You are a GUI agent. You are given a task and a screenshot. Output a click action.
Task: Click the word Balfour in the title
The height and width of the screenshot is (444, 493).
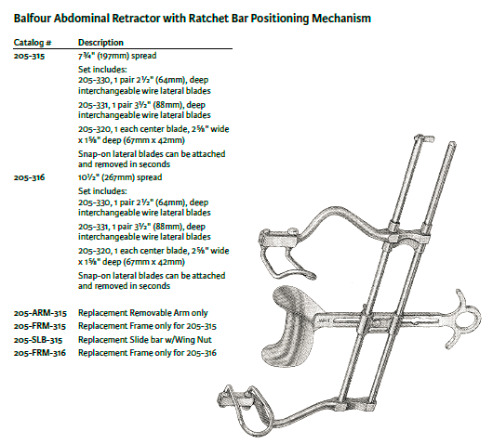pyautogui.click(x=32, y=19)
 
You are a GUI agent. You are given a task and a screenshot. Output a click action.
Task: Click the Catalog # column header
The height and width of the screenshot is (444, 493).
pyautogui.click(x=33, y=43)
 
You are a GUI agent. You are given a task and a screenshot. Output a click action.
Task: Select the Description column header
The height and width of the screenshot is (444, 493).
pyautogui.click(x=100, y=43)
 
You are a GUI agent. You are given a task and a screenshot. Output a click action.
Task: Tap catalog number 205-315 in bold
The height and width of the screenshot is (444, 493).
pyautogui.click(x=29, y=56)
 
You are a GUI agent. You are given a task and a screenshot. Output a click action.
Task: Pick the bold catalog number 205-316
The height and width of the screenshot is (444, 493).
pyautogui.click(x=29, y=177)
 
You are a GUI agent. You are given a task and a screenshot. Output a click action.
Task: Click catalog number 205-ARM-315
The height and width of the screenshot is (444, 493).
pyautogui.click(x=40, y=313)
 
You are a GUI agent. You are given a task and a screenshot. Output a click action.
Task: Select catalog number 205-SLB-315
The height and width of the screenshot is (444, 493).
pyautogui.click(x=38, y=340)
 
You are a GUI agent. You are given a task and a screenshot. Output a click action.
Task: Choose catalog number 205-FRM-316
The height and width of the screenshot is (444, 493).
pyautogui.click(x=40, y=353)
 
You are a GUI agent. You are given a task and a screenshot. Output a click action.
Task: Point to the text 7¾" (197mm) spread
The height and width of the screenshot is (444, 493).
pyautogui.click(x=117, y=56)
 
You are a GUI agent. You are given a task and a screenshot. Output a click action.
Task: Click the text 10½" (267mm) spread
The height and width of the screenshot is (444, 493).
pyautogui.click(x=120, y=177)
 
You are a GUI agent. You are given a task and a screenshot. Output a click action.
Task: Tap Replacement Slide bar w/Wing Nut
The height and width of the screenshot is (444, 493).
pyautogui.click(x=144, y=340)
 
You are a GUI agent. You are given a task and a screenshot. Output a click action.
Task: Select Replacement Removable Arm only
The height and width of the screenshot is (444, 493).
pyautogui.click(x=142, y=313)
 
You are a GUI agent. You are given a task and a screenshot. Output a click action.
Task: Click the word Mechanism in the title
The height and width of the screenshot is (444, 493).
pyautogui.click(x=341, y=19)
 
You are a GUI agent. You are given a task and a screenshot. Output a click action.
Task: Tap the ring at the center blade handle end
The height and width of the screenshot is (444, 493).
pyautogui.click(x=470, y=320)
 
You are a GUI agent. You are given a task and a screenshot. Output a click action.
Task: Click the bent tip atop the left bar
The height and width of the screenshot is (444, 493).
pyautogui.click(x=425, y=138)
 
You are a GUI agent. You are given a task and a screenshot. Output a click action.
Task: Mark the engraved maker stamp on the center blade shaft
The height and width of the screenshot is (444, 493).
pyautogui.click(x=323, y=320)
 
